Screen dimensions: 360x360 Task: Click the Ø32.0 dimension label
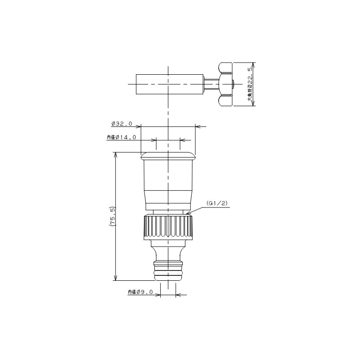(121, 124)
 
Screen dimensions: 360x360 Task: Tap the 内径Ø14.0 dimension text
(121, 137)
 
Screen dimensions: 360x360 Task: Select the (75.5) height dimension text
(113, 217)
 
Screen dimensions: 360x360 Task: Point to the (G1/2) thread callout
(217, 203)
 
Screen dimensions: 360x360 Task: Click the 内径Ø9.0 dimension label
(140, 292)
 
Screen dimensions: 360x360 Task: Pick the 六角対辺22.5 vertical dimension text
(251, 84)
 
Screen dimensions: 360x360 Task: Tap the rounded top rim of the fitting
(168, 156)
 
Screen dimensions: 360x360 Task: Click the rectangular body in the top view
(170, 84)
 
